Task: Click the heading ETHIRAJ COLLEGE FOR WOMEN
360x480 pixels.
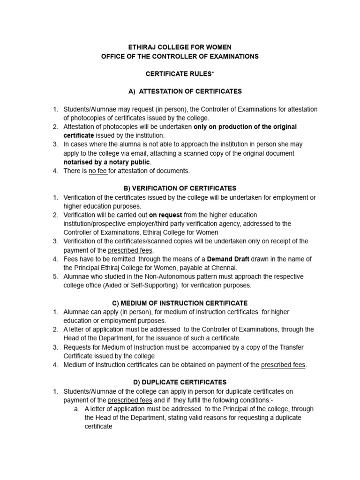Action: (x=180, y=47)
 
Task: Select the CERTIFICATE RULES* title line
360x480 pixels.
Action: (x=180, y=74)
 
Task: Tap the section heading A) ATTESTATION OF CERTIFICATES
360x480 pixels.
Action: (x=180, y=91)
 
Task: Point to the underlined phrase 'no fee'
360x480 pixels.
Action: (x=98, y=171)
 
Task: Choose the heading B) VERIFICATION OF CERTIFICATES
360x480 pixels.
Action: (x=180, y=188)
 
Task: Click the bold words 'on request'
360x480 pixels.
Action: (x=165, y=215)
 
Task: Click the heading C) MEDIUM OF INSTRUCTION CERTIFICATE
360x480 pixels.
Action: (x=180, y=303)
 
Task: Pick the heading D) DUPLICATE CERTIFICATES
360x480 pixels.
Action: (x=180, y=382)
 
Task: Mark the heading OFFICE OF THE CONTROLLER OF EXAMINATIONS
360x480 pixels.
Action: (x=180, y=56)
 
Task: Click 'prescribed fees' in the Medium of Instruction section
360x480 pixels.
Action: (x=283, y=365)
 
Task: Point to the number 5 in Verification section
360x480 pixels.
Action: (x=55, y=277)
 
